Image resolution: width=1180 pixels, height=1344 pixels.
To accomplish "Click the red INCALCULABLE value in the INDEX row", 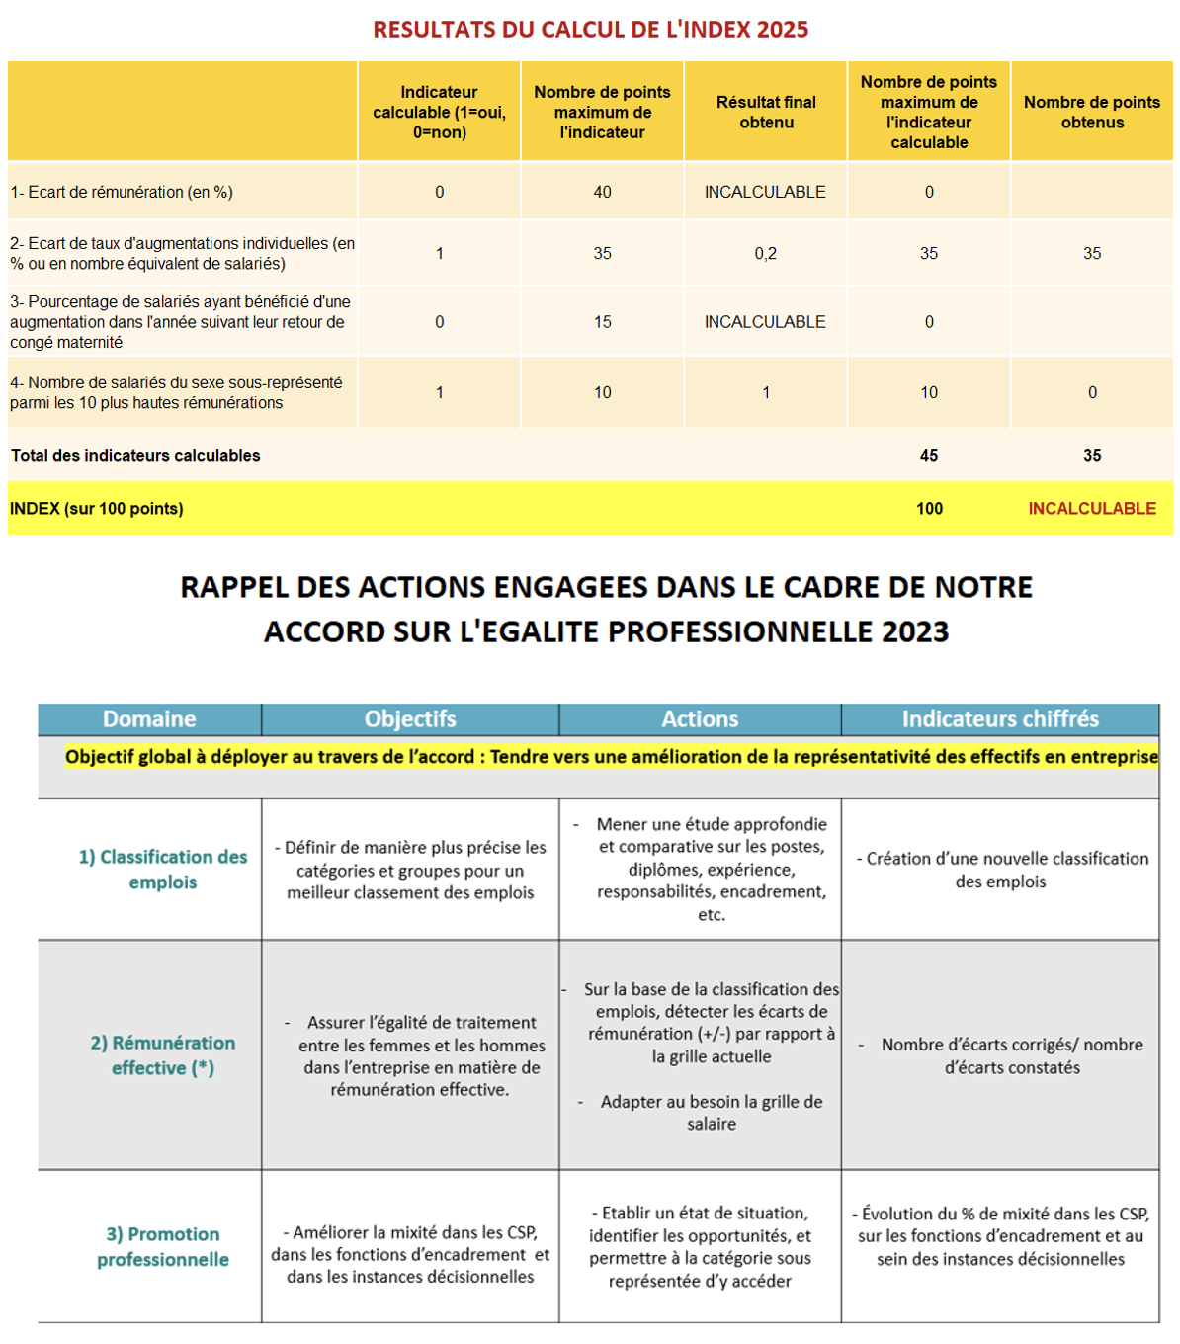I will click(1091, 509).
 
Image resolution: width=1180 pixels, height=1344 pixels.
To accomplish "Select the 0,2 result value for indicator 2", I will click(765, 254).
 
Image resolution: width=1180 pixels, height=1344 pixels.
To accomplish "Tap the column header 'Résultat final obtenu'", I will click(766, 113).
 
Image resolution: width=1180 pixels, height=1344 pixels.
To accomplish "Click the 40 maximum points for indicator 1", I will click(602, 192).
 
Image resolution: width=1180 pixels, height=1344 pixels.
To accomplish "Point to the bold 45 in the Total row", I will click(929, 456).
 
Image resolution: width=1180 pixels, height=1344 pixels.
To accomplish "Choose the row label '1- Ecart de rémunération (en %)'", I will click(122, 192).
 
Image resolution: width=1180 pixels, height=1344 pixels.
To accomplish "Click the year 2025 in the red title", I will click(782, 30).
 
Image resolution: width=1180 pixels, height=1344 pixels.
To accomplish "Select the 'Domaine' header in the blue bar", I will click(149, 719).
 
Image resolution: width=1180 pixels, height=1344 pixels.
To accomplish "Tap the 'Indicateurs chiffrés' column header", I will click(1000, 719).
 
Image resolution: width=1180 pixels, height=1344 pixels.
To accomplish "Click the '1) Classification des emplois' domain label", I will click(163, 870).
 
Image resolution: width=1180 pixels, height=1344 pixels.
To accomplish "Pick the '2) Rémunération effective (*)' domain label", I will click(163, 1055).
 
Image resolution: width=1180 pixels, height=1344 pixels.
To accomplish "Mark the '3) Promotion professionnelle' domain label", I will click(163, 1247).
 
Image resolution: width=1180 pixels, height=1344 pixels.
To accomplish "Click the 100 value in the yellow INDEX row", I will click(929, 509).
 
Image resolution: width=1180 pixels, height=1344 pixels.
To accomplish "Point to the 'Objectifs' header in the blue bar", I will click(410, 719).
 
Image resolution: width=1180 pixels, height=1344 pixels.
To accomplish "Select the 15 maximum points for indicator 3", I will click(602, 322).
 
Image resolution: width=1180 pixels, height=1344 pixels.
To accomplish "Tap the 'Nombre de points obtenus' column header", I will click(1092, 113).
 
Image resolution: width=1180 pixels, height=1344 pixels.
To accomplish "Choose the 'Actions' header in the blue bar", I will click(700, 719).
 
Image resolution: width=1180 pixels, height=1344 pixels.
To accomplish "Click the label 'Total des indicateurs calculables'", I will click(135, 456).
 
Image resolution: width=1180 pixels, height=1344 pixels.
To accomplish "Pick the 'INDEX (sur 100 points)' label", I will click(97, 509).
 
